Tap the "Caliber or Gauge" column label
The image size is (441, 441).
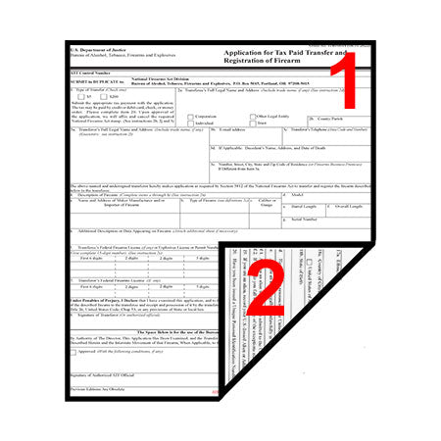[238, 203]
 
